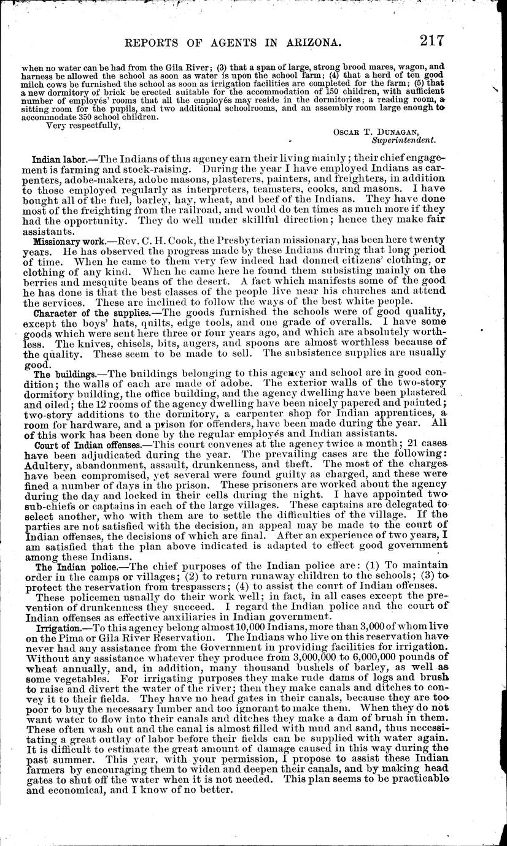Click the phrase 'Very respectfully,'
(82, 127)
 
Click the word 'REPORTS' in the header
(151, 44)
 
